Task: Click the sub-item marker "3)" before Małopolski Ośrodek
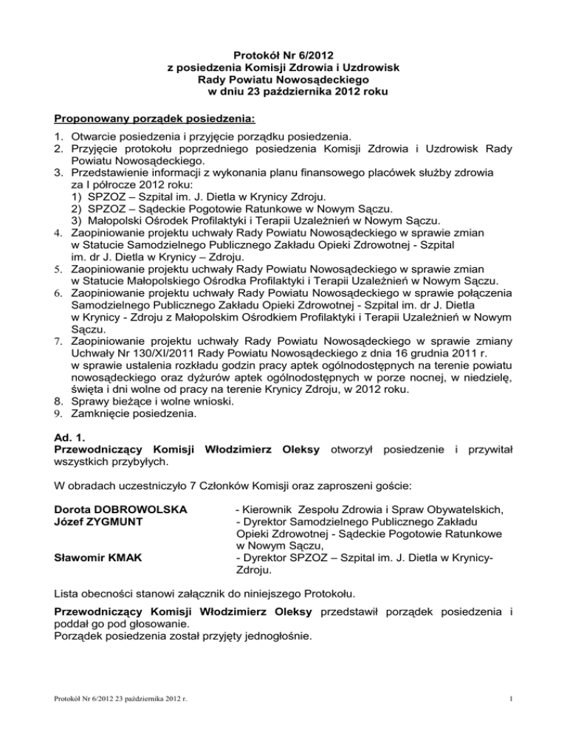click(77, 222)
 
